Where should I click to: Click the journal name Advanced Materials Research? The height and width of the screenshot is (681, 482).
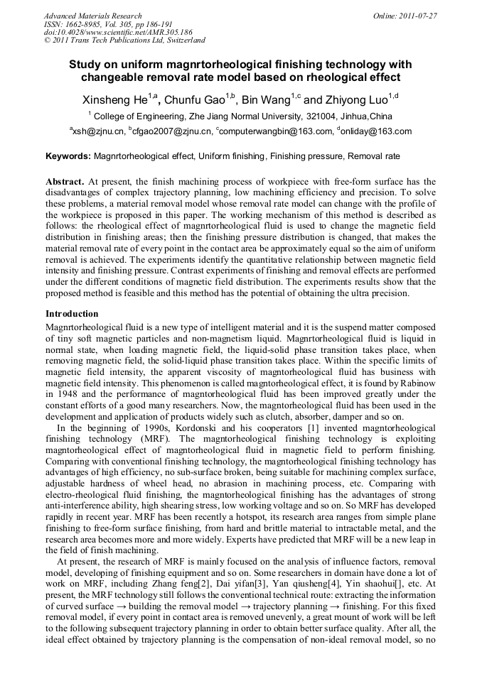[x=92, y=16]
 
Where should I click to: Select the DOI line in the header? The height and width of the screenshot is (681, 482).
[x=118, y=32]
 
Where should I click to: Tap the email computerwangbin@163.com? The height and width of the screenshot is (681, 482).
[x=277, y=131]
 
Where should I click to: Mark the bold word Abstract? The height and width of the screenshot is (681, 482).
[x=65, y=182]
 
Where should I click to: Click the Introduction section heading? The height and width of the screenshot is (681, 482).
[x=72, y=313]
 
